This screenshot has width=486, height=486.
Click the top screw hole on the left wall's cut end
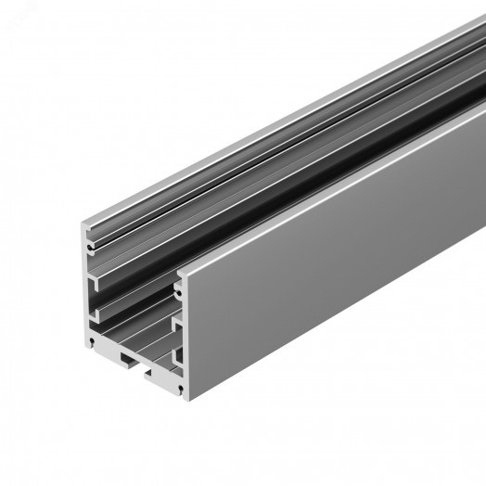coord(90,249)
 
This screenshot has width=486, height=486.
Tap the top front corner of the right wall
coord(179,270)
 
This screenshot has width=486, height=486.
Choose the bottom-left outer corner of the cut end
coord(86,349)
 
